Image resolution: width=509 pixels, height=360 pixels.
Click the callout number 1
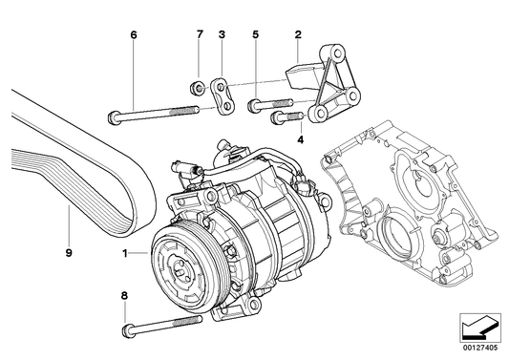tap(124, 253)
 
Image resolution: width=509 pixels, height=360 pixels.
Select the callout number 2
tap(299, 35)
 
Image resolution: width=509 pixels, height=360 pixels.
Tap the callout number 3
tap(222, 35)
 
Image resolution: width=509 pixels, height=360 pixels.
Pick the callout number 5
tap(255, 35)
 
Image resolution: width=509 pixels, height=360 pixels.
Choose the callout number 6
tap(134, 35)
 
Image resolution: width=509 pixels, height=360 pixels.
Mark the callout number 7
tap(200, 35)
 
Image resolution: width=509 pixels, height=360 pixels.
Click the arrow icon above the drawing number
tap(478, 328)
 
